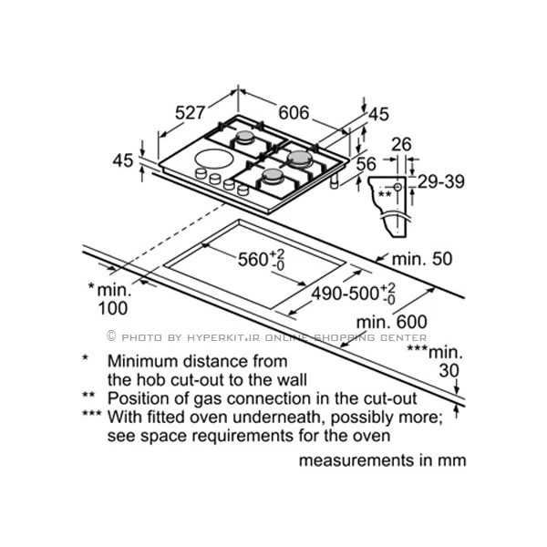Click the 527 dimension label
point(191,114)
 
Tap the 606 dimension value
point(294,113)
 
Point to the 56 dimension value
point(366,163)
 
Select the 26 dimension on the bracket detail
point(403,143)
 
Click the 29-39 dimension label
point(441,181)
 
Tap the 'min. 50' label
point(422,259)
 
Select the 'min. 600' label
point(392,321)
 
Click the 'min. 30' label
point(435,361)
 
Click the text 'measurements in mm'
point(382,459)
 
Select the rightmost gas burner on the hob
point(301,157)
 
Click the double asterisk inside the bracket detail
point(386,193)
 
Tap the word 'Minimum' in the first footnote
point(139,361)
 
